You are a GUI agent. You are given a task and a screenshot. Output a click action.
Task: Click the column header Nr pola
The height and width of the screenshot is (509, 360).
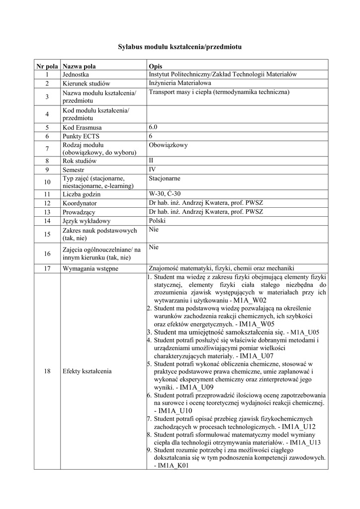[x=47, y=66]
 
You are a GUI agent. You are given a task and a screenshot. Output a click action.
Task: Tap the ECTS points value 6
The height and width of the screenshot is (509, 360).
[x=151, y=135]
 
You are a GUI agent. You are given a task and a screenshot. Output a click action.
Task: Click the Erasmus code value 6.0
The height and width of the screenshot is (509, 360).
[x=153, y=127]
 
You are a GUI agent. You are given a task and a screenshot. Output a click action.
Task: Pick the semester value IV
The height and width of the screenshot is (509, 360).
[x=152, y=169]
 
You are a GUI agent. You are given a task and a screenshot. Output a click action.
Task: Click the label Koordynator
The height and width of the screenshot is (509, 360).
[x=80, y=203]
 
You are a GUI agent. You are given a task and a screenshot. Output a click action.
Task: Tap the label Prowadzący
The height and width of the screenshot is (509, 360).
[x=79, y=212]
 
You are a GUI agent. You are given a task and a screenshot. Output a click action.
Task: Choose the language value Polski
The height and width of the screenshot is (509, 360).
[x=157, y=220]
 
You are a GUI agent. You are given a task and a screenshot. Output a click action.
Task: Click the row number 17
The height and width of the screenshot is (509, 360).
[x=47, y=269]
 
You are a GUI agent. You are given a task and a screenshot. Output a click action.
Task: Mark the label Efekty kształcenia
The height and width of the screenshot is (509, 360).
[x=87, y=371]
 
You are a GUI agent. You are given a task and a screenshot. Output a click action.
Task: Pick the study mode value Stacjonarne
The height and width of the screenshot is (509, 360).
[x=165, y=177]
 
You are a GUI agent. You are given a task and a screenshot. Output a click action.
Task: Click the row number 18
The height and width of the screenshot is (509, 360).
[x=47, y=371]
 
